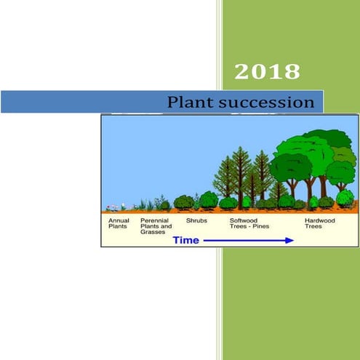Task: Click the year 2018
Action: [267, 71]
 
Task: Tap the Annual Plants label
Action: [119, 222]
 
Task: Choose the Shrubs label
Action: [196, 219]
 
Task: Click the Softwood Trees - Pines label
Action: [249, 222]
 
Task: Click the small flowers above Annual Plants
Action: [113, 207]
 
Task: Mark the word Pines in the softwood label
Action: [260, 225]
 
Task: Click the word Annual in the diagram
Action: [119, 219]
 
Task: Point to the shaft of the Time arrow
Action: [244, 239]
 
